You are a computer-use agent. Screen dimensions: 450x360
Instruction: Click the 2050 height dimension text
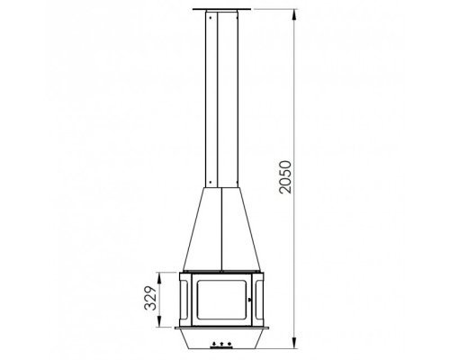(x=285, y=177)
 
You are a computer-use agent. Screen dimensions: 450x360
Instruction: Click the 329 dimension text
(x=150, y=298)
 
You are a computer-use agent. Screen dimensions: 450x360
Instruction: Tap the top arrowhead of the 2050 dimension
(x=295, y=14)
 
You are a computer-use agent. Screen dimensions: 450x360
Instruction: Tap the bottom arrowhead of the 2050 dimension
(x=295, y=343)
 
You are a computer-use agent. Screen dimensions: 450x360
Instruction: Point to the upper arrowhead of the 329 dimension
(x=159, y=277)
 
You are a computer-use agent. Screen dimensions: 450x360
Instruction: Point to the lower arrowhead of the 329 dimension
(x=159, y=322)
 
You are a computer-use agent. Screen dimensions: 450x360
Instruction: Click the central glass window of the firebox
(x=221, y=300)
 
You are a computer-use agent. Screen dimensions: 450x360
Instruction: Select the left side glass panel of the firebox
(x=184, y=300)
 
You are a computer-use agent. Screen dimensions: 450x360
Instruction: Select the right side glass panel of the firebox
(x=258, y=300)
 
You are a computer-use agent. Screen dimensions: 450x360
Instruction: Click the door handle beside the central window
(x=250, y=299)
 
